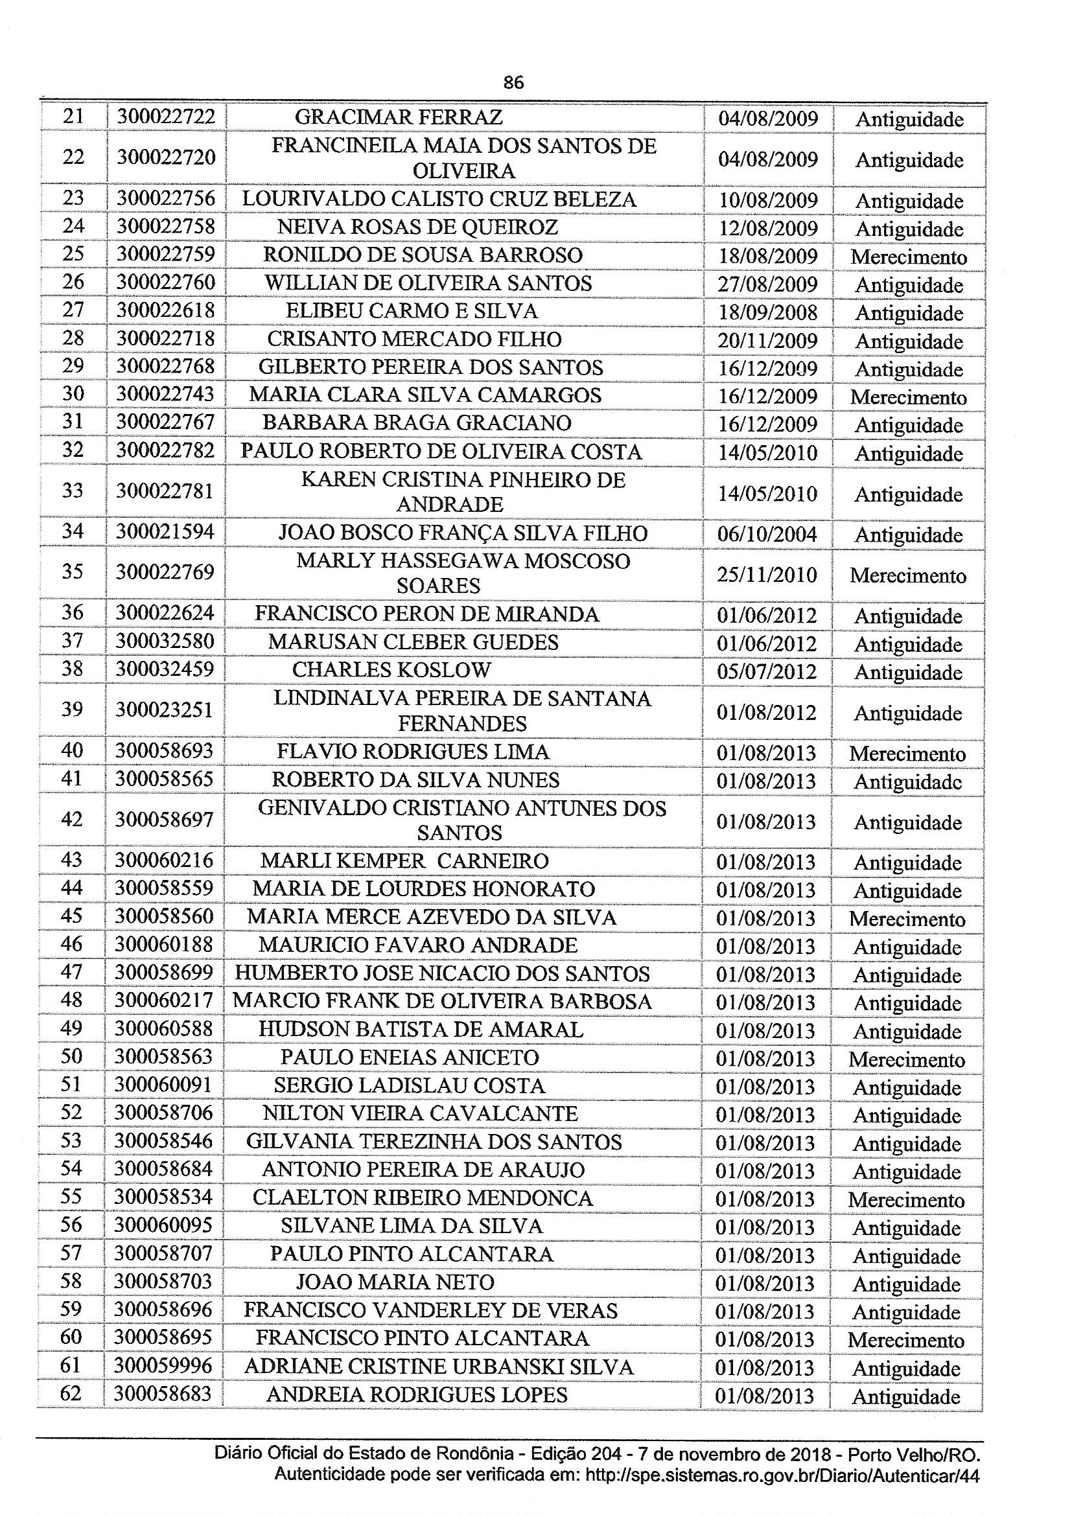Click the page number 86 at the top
(513, 82)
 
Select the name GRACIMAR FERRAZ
(398, 117)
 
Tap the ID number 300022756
(166, 199)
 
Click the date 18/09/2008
(767, 312)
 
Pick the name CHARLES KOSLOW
(391, 670)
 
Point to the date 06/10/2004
(767, 534)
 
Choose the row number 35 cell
(72, 572)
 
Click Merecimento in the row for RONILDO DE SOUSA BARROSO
(908, 257)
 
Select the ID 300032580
(165, 642)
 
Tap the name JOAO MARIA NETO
(395, 1282)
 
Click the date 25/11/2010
(767, 575)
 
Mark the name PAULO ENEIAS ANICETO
(409, 1057)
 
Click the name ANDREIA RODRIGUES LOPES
(417, 1394)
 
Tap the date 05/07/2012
(767, 672)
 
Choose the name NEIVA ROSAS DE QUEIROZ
(417, 227)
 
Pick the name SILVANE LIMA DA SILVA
(412, 1226)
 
